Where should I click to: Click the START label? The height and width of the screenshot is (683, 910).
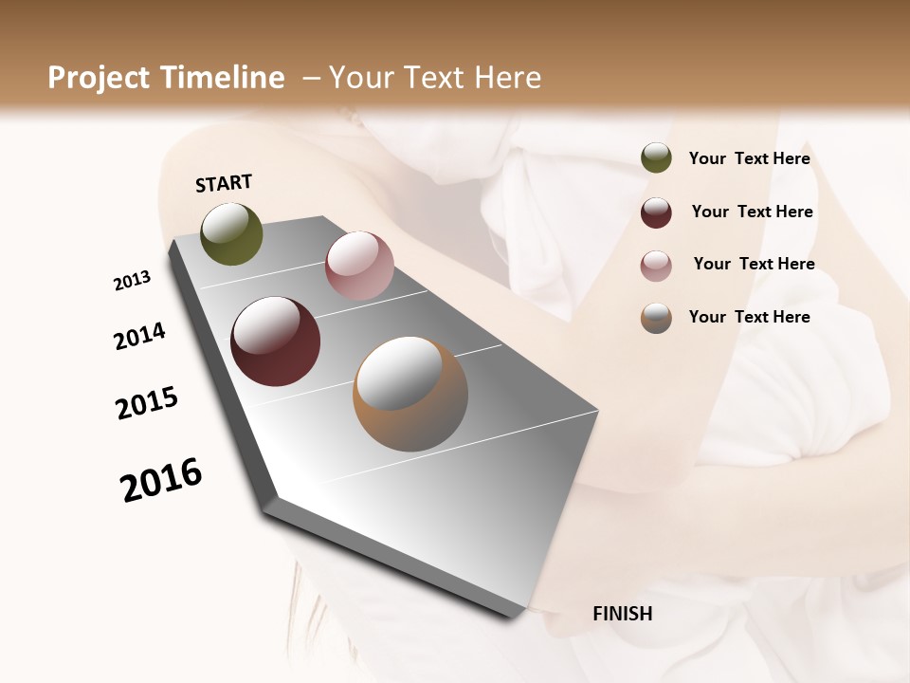pyautogui.click(x=224, y=183)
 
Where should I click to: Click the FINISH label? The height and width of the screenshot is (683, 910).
pyautogui.click(x=622, y=614)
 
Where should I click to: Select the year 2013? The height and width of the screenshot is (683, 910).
pyautogui.click(x=132, y=281)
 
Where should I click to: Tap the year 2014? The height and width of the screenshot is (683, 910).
pyautogui.click(x=139, y=336)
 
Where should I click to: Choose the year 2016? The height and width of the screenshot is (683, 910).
pyautogui.click(x=161, y=480)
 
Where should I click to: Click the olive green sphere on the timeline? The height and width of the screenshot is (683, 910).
pyautogui.click(x=232, y=234)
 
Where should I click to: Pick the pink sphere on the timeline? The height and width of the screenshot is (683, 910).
pyautogui.click(x=359, y=266)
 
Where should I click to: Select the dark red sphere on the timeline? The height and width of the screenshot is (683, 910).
pyautogui.click(x=275, y=341)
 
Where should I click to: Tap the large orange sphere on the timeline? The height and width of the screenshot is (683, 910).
pyautogui.click(x=410, y=394)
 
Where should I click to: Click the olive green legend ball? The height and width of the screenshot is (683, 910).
pyautogui.click(x=656, y=157)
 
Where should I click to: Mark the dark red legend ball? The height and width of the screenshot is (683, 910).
pyautogui.click(x=656, y=212)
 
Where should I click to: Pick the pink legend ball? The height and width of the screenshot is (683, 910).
pyautogui.click(x=656, y=266)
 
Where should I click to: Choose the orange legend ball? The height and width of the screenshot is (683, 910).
pyautogui.click(x=656, y=318)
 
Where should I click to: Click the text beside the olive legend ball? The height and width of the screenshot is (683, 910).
pyautogui.click(x=749, y=159)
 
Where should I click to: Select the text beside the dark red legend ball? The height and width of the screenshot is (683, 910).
pyautogui.click(x=752, y=212)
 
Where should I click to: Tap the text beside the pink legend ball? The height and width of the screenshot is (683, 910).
pyautogui.click(x=754, y=264)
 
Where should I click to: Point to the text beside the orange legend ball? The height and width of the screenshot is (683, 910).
pyautogui.click(x=749, y=317)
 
